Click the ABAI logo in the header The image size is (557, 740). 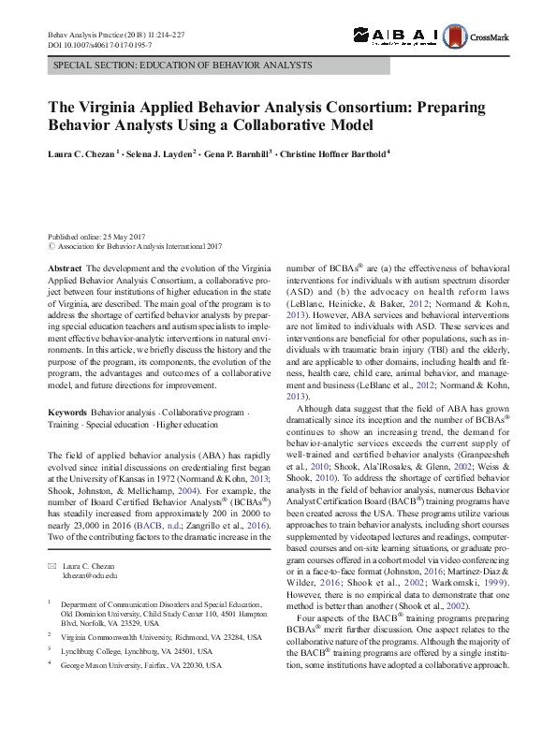click(395, 35)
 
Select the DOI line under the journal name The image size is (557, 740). click(100, 45)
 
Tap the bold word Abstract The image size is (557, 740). click(65, 268)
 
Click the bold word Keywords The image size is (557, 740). click(67, 413)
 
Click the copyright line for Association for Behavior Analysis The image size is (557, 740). click(136, 247)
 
